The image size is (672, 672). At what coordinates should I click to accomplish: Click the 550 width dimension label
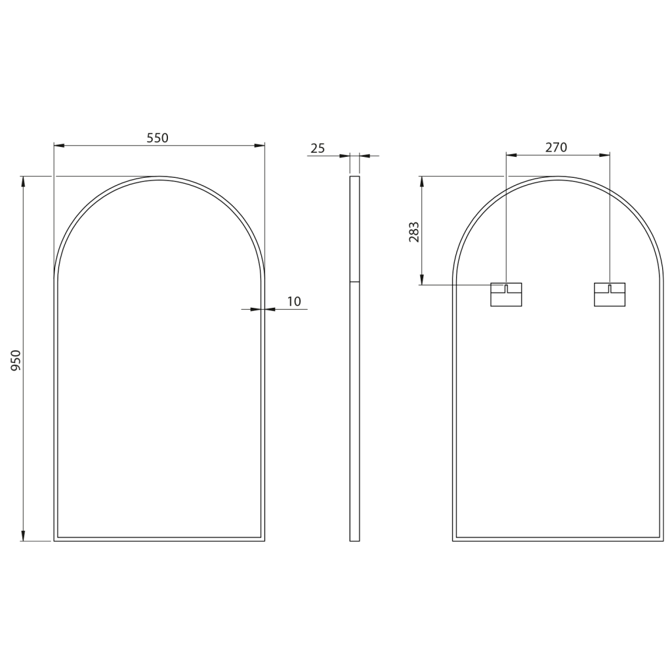tap(157, 138)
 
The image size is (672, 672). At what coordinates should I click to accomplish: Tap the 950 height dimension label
tap(16, 360)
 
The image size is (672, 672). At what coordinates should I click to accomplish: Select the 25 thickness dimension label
tap(318, 148)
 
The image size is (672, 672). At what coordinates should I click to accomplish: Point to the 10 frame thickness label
tap(294, 301)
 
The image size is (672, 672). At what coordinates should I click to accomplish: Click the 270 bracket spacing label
tap(556, 147)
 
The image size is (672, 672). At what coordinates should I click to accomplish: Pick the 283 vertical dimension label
tap(414, 232)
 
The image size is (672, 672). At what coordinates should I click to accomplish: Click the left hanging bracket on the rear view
tap(506, 295)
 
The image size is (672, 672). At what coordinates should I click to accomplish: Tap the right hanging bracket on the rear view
tap(610, 295)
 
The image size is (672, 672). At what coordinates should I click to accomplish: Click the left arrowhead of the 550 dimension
tap(59, 145)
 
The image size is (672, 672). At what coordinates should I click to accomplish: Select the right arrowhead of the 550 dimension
tap(259, 145)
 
